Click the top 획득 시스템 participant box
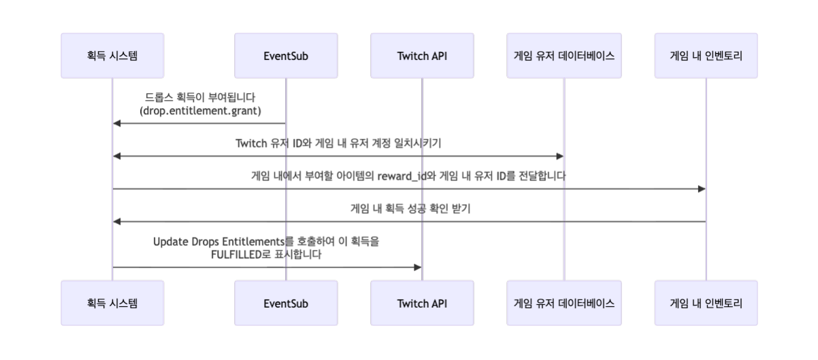(x=112, y=56)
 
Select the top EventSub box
(x=286, y=56)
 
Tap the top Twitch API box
(x=422, y=56)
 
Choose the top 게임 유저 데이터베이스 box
(x=564, y=56)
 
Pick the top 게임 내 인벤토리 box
(x=706, y=56)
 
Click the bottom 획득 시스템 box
(x=112, y=303)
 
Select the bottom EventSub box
(x=286, y=303)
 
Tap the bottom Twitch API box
(x=422, y=303)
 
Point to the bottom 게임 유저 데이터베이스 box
(x=564, y=303)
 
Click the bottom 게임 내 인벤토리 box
(x=706, y=303)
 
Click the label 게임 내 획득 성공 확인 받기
(x=409, y=209)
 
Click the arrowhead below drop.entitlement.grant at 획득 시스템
(x=117, y=123)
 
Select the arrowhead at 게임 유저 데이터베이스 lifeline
(x=559, y=156)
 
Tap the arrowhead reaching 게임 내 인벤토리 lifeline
(x=701, y=189)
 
